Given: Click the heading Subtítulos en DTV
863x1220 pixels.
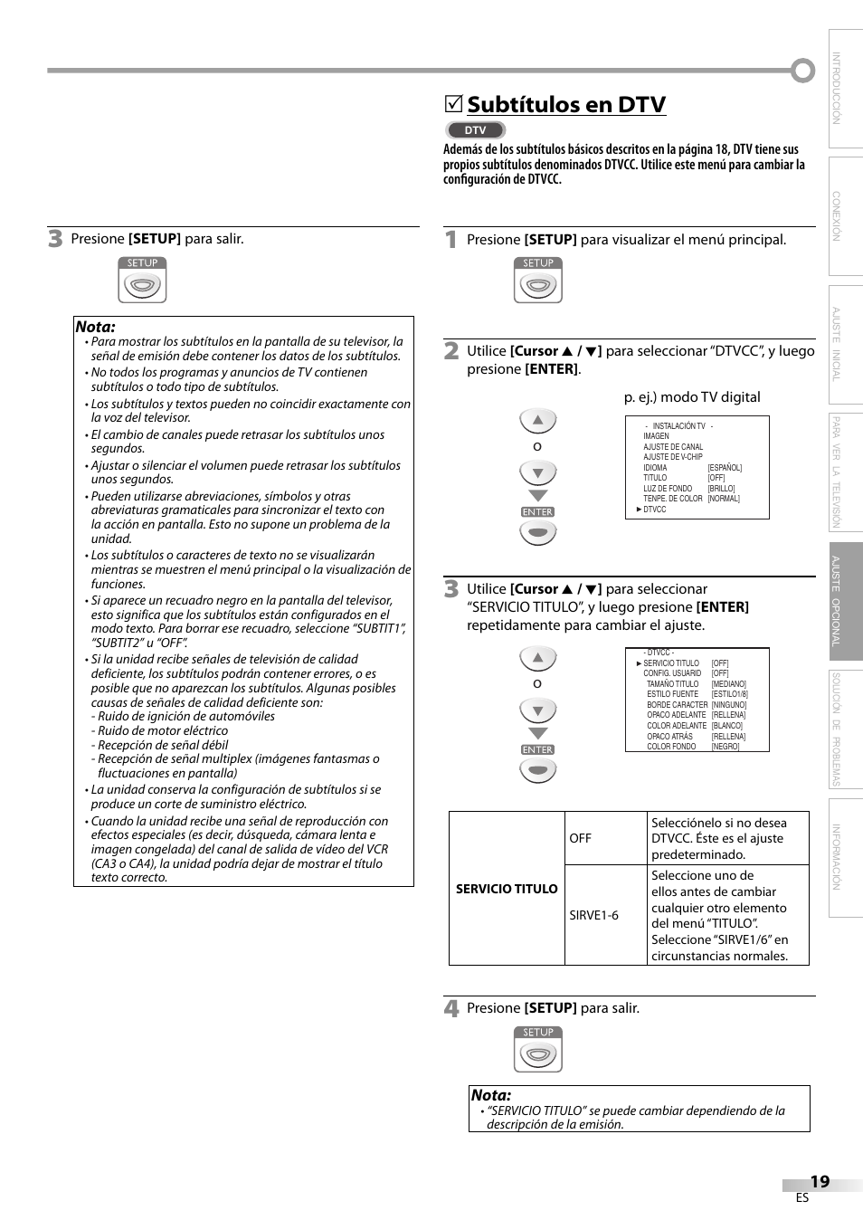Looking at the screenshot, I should (566, 105).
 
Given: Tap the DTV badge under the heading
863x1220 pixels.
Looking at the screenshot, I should (475, 130).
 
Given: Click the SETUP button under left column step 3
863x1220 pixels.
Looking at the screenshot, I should (143, 281).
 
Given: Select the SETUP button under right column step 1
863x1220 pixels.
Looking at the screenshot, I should (538, 281).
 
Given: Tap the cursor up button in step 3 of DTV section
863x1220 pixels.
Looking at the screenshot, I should (537, 658).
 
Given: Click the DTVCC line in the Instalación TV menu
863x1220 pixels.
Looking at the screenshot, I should (654, 510).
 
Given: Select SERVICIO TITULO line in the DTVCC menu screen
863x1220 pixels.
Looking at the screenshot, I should (671, 663).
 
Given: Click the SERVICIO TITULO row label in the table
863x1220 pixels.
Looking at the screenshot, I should (507, 889).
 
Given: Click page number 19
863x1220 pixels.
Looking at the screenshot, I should (820, 1181).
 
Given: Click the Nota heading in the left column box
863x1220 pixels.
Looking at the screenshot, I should (96, 327).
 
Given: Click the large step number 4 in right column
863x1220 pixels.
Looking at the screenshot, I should (451, 1008).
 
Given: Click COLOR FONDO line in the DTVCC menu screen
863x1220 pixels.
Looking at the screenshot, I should (671, 747).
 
